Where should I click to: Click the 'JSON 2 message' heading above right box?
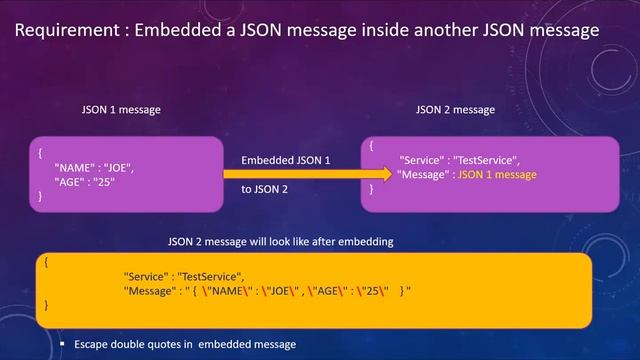pos(454,109)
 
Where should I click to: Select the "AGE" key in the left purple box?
pos(73,182)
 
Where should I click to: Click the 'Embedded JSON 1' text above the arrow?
pos(285,160)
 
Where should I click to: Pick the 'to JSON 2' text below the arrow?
pos(265,189)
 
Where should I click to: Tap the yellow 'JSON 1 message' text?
pos(497,175)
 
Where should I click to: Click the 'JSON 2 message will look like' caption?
pos(279,242)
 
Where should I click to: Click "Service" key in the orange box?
pos(146,276)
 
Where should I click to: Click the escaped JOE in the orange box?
pos(294,291)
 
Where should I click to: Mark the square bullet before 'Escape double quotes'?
pos(61,345)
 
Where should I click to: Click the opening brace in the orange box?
pos(47,261)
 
